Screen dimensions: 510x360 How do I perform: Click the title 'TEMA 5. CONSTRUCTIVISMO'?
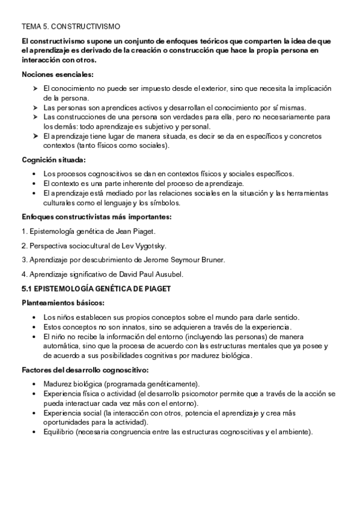point(71,27)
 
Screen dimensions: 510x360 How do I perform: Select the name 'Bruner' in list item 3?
point(212,260)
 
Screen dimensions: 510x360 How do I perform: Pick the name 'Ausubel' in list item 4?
point(167,274)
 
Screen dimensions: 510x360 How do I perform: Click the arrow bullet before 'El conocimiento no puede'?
point(34,88)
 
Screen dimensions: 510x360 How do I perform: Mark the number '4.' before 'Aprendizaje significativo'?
point(25,274)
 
